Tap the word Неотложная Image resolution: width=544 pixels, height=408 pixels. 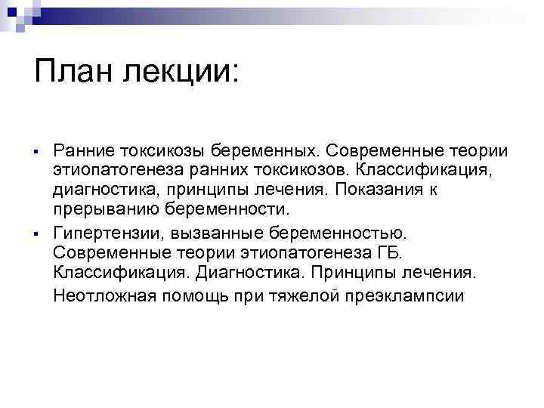(104, 293)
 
